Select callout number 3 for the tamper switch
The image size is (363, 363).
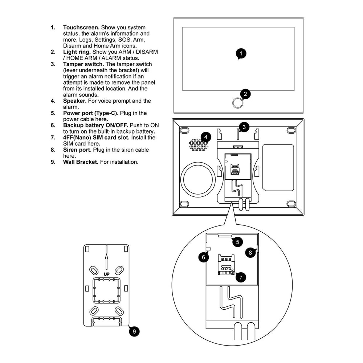coord(244,127)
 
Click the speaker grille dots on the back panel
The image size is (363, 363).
coord(199,144)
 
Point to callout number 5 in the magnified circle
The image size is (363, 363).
coord(237,242)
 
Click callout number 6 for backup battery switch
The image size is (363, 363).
coord(204,257)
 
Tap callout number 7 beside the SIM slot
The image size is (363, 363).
coord(240,277)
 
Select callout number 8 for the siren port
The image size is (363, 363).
coord(250,253)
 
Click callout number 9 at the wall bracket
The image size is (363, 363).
coord(134,331)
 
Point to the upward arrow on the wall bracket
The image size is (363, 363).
coord(106,260)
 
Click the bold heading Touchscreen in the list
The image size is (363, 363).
coord(81,28)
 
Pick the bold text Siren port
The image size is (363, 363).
coord(77,150)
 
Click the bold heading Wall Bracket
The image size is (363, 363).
coord(81,162)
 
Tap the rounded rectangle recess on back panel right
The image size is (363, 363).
coord(278,168)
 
